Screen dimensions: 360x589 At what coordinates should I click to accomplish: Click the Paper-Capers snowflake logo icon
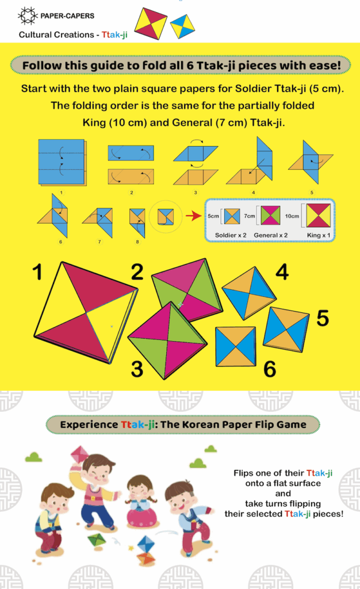point(28,16)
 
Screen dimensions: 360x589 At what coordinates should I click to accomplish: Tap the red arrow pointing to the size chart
point(194,216)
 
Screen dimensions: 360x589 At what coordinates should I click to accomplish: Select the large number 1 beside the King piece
point(37,272)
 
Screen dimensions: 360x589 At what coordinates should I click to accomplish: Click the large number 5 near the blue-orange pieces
point(323,319)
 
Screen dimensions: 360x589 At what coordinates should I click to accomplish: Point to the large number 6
point(270,369)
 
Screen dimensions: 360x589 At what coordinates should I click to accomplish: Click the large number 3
point(137,369)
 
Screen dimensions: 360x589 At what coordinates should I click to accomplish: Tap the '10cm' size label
point(292,216)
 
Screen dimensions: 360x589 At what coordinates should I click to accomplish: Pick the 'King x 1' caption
point(319,235)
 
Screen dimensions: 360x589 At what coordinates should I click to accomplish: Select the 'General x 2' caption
point(271,235)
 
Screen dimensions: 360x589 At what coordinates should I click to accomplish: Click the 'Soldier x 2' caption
point(231,235)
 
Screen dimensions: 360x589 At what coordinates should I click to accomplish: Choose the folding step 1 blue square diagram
point(62,162)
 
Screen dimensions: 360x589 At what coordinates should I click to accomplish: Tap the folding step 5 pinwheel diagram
point(311,162)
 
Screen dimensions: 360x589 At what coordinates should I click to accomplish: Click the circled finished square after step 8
point(166,217)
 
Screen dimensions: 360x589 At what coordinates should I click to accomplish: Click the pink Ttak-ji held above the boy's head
point(79,455)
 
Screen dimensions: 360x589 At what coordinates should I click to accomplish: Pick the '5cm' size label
point(213,216)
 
